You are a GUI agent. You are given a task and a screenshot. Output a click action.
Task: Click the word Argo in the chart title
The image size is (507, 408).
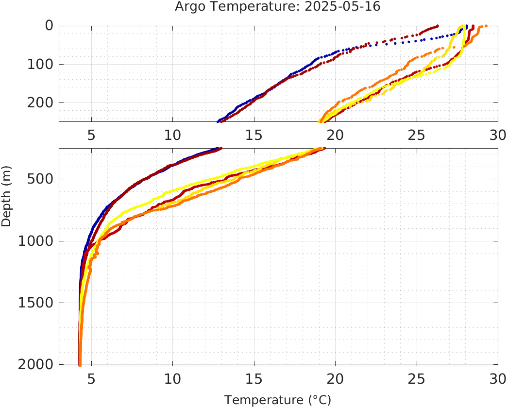point(189,7)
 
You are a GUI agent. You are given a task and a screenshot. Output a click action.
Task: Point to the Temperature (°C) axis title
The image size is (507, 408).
point(277,400)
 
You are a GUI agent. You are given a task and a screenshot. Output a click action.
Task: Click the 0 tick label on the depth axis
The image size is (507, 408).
point(49,25)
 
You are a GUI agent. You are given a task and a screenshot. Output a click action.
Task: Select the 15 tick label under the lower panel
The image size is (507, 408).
point(254,378)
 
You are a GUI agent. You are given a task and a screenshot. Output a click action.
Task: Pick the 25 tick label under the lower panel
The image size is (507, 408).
point(416,378)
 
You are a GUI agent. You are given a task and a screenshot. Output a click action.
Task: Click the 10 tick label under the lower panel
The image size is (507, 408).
point(173,378)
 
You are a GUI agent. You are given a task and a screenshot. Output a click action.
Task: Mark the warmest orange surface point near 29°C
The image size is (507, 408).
point(486,26)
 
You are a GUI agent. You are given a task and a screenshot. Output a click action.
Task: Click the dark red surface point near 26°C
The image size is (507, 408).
point(437,26)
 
